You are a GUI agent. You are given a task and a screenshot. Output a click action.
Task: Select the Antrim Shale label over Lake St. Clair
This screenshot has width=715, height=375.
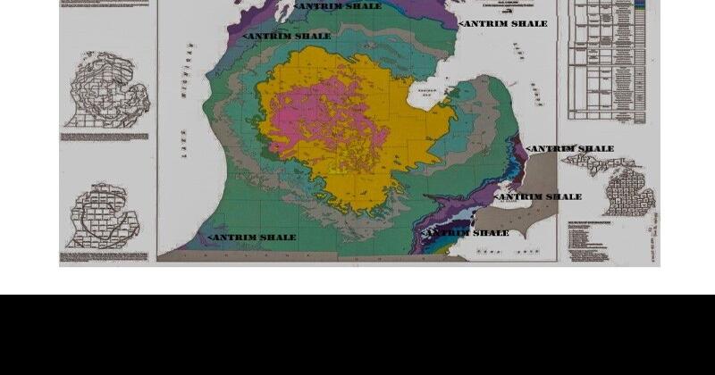(x=538, y=196)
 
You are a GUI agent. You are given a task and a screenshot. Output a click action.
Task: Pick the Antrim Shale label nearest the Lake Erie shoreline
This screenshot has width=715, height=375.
(x=467, y=233)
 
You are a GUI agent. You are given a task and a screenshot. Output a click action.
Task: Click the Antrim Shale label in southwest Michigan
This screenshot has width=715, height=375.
(x=253, y=237)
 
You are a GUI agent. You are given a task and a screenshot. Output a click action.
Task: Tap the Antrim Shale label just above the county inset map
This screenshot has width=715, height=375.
(x=570, y=149)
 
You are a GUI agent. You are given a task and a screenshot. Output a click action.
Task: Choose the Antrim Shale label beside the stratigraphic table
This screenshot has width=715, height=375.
(x=503, y=24)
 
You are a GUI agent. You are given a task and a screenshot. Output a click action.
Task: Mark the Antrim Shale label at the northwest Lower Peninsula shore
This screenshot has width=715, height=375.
(x=287, y=37)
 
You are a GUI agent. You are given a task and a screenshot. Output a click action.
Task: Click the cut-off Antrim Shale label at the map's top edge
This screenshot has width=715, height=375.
(x=338, y=6)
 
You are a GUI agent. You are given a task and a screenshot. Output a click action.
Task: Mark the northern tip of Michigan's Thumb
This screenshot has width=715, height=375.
(x=468, y=86)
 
